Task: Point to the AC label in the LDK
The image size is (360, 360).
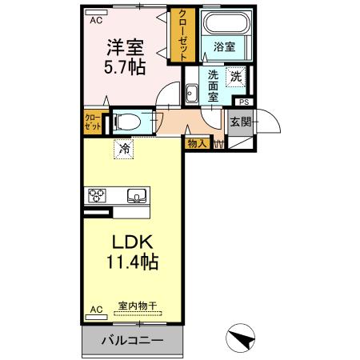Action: pyautogui.click(x=96, y=308)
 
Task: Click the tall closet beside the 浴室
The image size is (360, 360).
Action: pyautogui.click(x=183, y=36)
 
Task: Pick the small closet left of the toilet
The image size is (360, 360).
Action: pyautogui.click(x=93, y=122)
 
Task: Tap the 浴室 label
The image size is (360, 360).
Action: pyautogui.click(x=223, y=47)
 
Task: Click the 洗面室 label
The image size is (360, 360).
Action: pyautogui.click(x=214, y=85)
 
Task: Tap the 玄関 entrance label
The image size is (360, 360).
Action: pyautogui.click(x=240, y=122)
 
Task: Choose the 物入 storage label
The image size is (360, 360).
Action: pyautogui.click(x=197, y=144)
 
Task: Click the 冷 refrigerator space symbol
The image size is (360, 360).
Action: pyautogui.click(x=124, y=147)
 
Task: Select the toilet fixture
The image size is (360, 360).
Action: pyautogui.click(x=127, y=122)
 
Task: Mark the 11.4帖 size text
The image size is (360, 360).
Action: pyautogui.click(x=132, y=261)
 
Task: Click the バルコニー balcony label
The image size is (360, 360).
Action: pyautogui.click(x=132, y=342)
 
